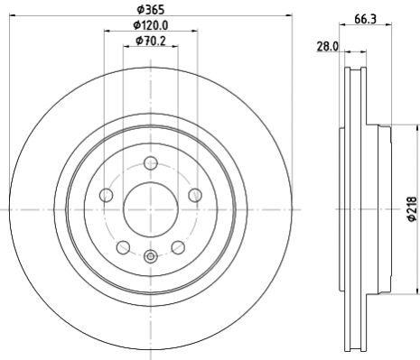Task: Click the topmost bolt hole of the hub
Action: (150, 163)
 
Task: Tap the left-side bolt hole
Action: (106, 195)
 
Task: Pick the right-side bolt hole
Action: (194, 195)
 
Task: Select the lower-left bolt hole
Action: (123, 246)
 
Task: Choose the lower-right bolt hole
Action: (177, 246)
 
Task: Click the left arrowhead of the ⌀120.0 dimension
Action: (106, 32)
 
